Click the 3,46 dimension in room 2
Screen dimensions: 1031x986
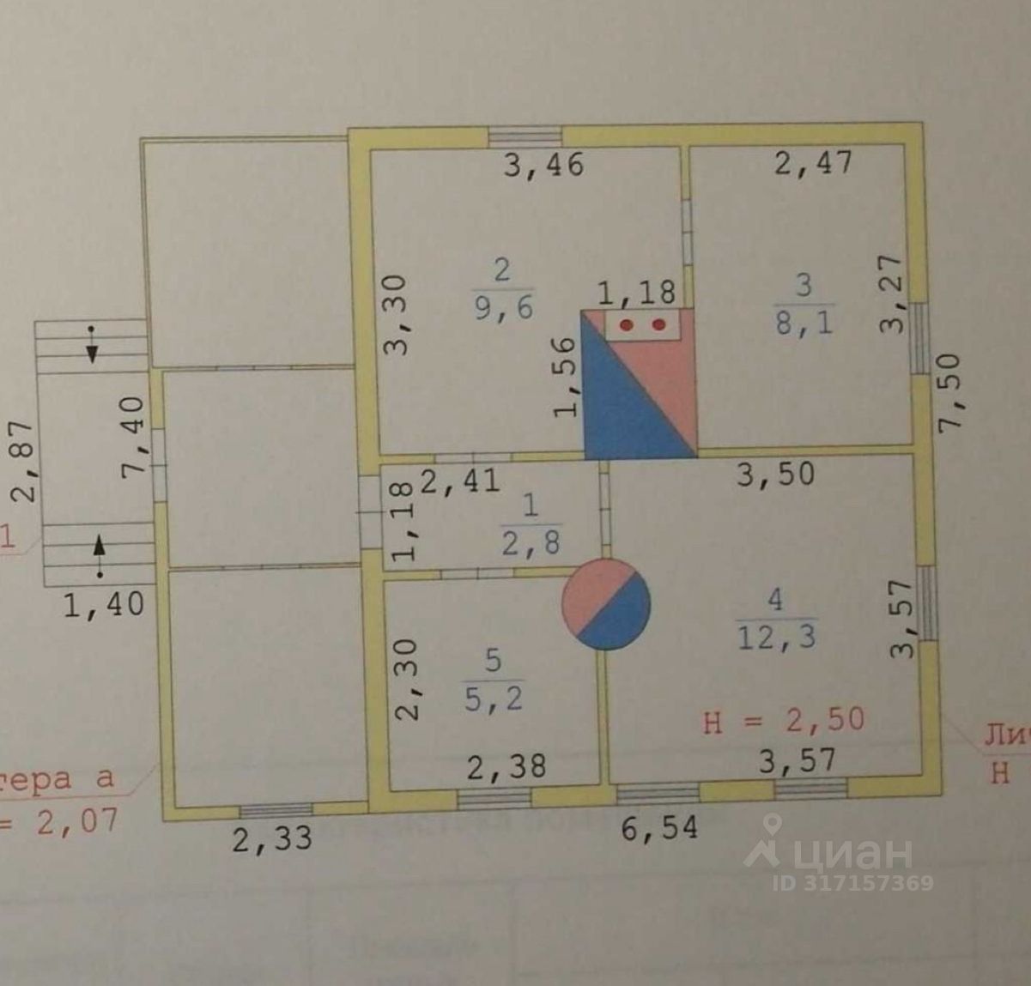543,163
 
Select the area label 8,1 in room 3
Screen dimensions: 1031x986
804,323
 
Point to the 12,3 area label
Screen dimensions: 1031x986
775,636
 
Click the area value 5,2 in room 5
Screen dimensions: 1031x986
493,699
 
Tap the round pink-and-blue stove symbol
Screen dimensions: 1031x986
605,604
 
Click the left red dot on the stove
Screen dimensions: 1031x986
628,325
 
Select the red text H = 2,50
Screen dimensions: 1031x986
783,720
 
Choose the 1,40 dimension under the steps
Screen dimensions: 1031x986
104,604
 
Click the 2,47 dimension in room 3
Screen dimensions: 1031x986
813,162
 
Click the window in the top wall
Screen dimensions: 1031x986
525,136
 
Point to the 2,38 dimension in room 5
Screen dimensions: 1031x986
506,765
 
